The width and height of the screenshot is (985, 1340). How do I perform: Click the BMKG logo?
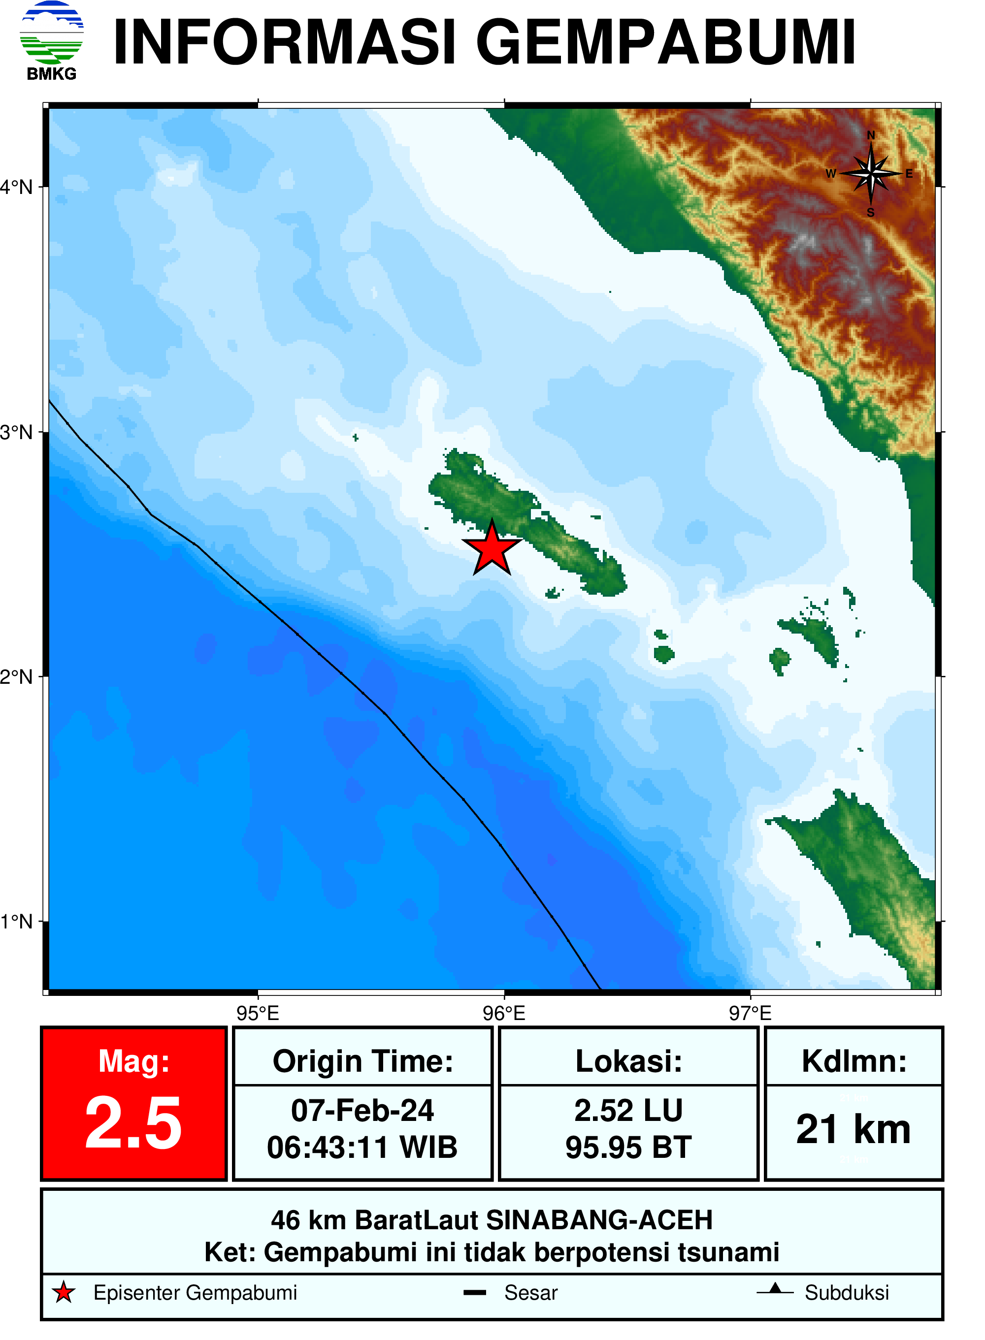click(x=51, y=39)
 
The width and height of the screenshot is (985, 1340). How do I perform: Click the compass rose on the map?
click(x=871, y=173)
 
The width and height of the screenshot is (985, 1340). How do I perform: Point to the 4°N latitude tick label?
click(x=17, y=187)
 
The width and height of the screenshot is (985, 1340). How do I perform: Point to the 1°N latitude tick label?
click(x=17, y=922)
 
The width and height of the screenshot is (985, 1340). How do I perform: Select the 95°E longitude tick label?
click(x=258, y=1013)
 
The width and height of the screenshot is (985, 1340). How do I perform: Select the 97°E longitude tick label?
click(x=750, y=1013)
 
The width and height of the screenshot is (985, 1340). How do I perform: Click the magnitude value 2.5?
click(x=133, y=1124)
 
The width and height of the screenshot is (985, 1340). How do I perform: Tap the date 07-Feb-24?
click(x=362, y=1111)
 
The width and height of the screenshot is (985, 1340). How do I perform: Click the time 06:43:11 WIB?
click(x=362, y=1148)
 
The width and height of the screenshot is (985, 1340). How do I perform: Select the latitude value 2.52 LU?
click(x=628, y=1111)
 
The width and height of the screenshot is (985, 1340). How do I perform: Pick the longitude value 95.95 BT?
click(x=628, y=1148)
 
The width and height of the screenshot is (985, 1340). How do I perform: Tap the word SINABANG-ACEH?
click(x=599, y=1220)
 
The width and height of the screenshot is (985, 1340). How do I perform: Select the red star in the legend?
click(x=63, y=1293)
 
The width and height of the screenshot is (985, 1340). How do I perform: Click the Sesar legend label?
click(x=530, y=1293)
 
